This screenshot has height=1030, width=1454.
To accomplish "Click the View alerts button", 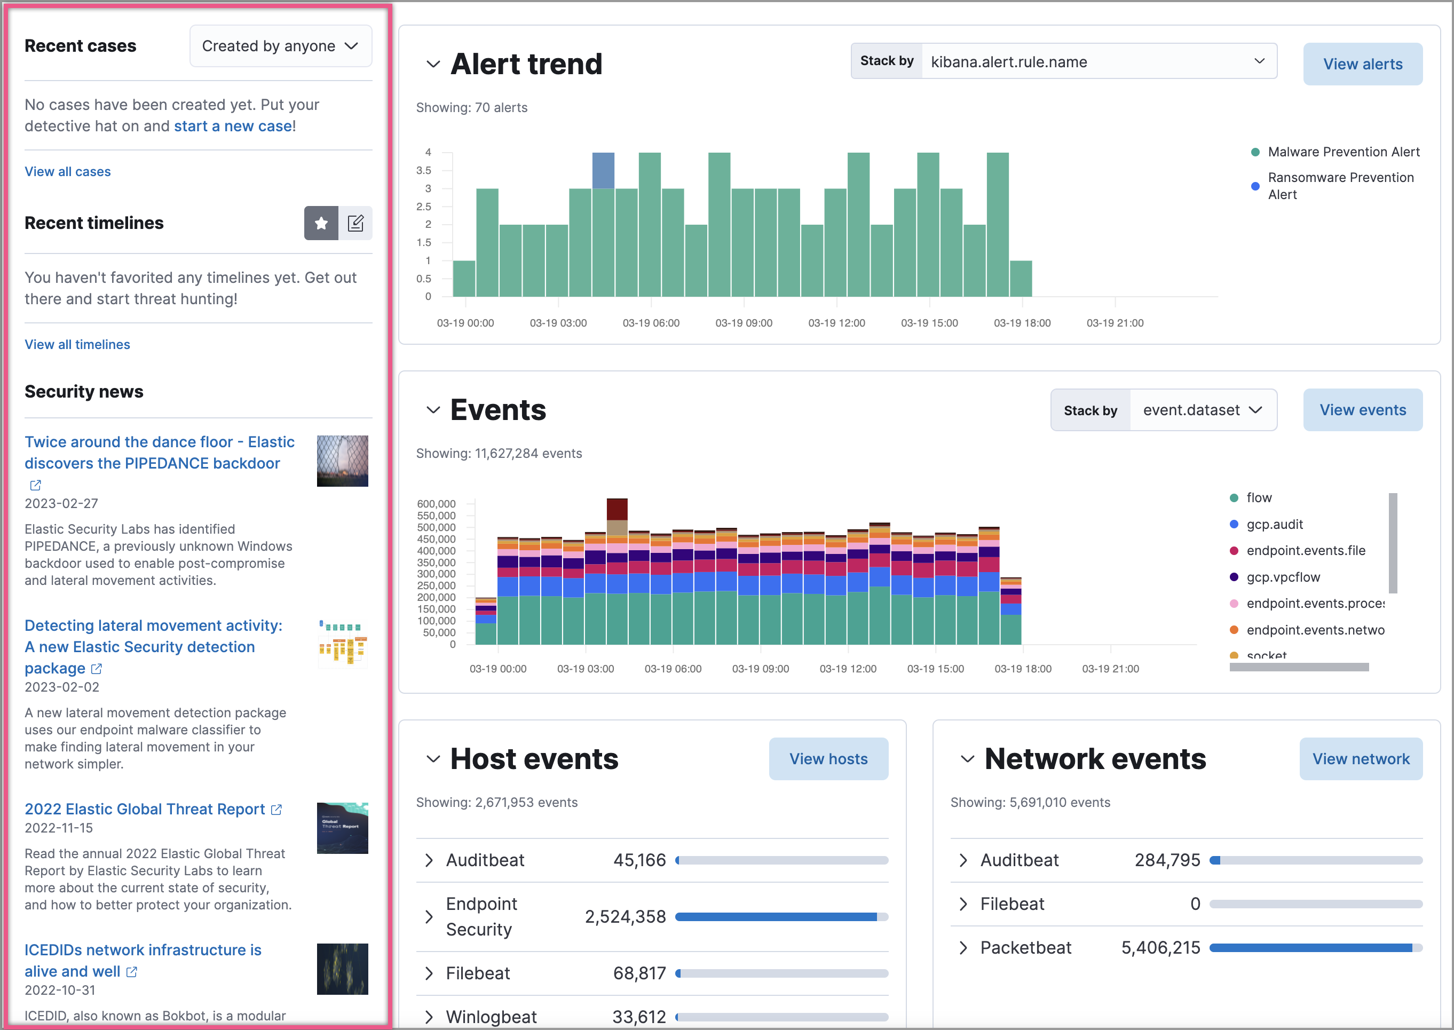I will click(x=1362, y=64).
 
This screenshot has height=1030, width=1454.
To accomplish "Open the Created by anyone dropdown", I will click(x=280, y=46).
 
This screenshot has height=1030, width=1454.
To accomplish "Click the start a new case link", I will click(x=233, y=126).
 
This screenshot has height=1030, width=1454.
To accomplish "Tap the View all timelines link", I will click(x=77, y=344).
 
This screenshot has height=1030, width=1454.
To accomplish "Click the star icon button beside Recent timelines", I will click(x=321, y=223).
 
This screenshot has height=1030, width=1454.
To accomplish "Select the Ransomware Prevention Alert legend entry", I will click(x=1340, y=186).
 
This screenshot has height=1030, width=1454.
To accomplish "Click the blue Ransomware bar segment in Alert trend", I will click(x=603, y=170).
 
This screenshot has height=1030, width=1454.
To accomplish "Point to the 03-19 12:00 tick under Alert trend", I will click(x=836, y=323).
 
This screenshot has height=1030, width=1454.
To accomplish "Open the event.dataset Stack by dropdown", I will click(x=1202, y=410).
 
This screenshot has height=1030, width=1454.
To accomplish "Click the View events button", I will click(x=1362, y=410).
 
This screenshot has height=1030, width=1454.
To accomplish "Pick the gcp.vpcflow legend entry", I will click(x=1282, y=577).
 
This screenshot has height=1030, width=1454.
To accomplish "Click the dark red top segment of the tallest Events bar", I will click(x=617, y=509).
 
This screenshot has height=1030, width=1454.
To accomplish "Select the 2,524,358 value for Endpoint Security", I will click(x=625, y=916).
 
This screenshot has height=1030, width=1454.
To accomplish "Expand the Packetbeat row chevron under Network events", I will click(x=963, y=948).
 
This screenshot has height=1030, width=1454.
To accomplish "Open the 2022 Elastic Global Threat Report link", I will click(x=145, y=809).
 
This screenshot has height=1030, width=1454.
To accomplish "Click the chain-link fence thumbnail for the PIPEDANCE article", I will click(x=343, y=461).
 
